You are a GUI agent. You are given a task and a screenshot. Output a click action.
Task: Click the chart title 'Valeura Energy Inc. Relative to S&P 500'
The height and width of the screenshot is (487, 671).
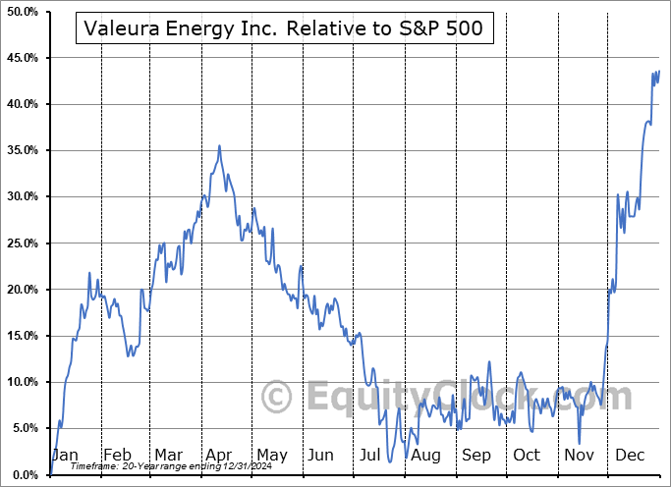(284, 29)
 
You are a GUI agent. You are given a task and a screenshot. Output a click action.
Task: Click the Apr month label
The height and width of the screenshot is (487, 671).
(217, 456)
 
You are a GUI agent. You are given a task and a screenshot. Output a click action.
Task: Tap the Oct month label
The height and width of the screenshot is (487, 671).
(528, 456)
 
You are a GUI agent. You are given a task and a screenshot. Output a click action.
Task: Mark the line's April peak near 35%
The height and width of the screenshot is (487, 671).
(219, 146)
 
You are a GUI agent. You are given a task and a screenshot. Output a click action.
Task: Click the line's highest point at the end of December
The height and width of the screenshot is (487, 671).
(658, 71)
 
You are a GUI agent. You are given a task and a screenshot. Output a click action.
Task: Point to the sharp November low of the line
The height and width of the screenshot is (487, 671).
(580, 444)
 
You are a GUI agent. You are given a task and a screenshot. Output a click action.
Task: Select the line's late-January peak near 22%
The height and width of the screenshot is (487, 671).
(89, 273)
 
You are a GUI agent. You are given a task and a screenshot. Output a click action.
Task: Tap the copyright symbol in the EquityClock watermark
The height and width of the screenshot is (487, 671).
(278, 397)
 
